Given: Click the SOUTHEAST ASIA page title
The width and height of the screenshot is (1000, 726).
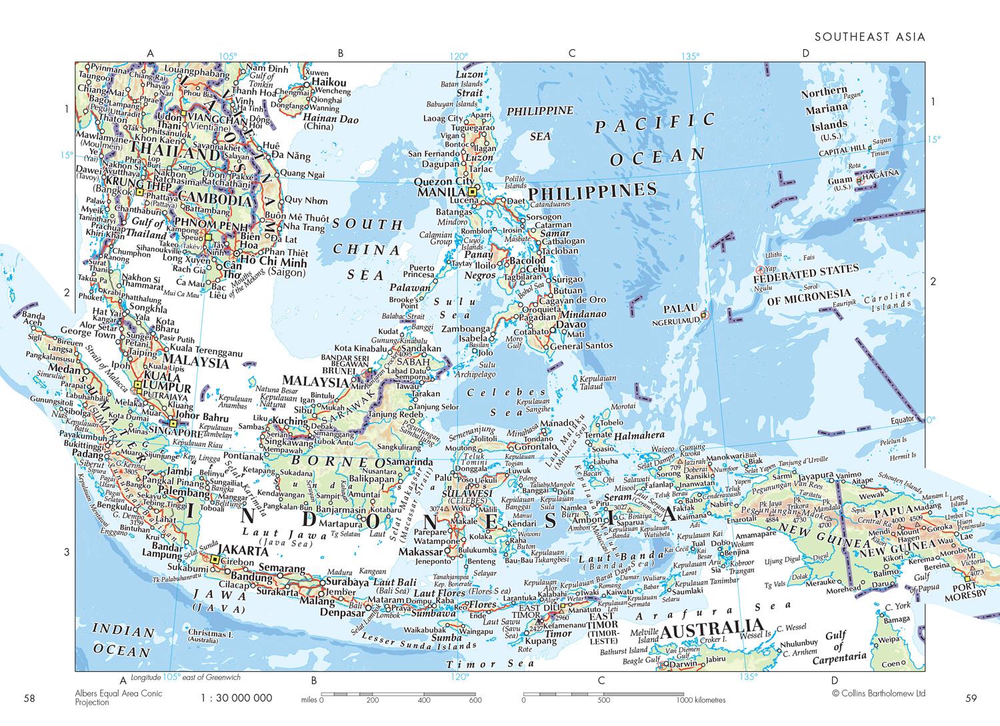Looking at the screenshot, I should [x=870, y=37].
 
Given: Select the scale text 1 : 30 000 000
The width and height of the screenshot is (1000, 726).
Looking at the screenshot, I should [x=236, y=698].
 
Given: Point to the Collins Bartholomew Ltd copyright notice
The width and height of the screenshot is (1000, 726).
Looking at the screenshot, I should [x=879, y=693].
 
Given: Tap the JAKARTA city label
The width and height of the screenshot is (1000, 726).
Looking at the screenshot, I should [x=243, y=551].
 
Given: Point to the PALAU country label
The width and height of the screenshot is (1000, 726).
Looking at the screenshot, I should [x=680, y=309].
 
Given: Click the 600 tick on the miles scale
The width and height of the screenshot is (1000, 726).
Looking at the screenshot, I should [x=475, y=701].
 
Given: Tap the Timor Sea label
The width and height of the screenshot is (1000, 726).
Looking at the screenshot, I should [x=491, y=664].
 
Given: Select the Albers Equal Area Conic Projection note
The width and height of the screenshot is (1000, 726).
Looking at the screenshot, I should [x=118, y=698].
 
